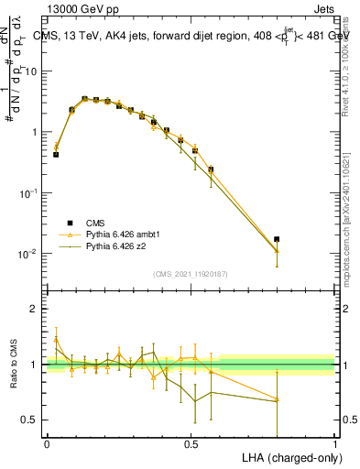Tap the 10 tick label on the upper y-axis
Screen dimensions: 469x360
point(32,71)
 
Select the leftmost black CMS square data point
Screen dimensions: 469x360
point(56,155)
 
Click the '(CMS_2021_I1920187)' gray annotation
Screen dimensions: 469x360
point(190,274)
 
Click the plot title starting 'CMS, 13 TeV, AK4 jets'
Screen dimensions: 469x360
point(183,36)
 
